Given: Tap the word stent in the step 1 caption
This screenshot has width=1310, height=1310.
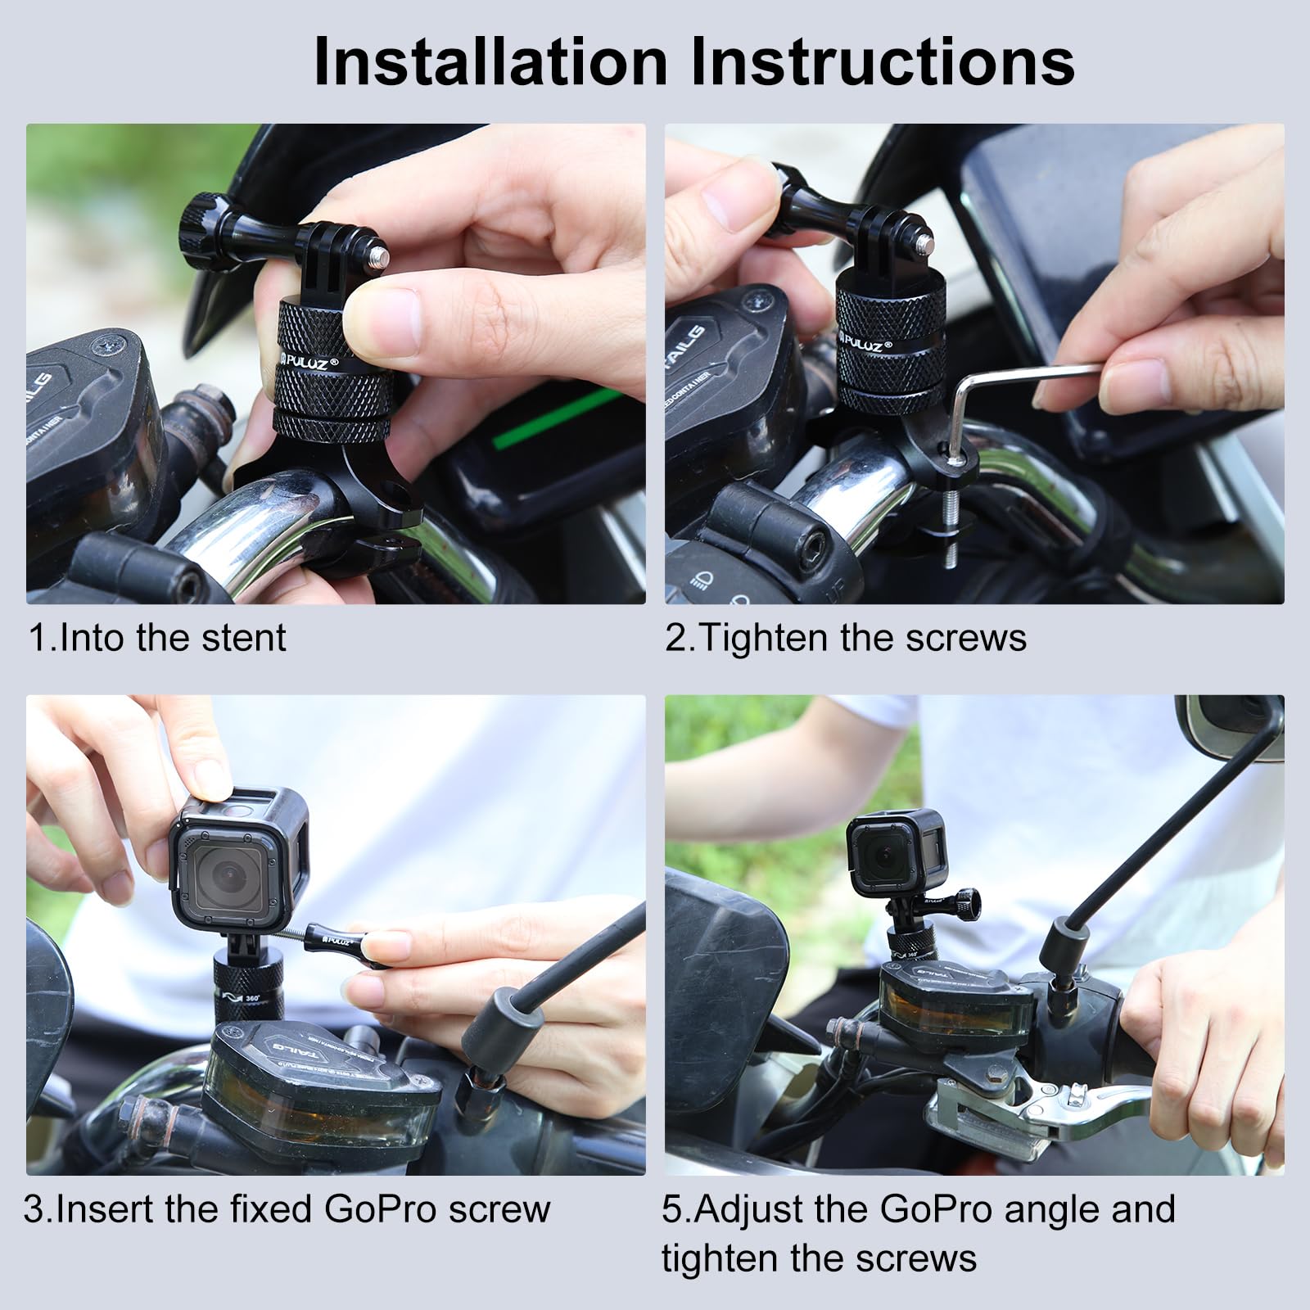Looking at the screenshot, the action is (x=242, y=638).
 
